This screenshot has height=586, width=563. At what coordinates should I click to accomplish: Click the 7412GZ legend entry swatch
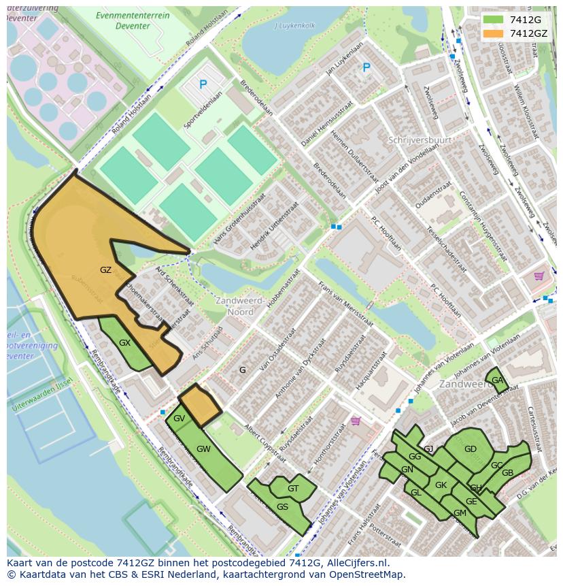[x=494, y=33]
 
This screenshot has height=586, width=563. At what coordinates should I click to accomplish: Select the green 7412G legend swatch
[x=494, y=20]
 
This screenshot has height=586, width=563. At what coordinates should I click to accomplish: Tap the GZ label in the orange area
[x=105, y=270]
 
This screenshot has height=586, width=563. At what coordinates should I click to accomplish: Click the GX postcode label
[x=124, y=343]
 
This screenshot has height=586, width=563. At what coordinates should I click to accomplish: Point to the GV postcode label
[x=179, y=419]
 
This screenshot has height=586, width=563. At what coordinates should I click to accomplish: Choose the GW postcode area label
[x=203, y=449]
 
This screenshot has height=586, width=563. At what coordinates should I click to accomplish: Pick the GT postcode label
[x=293, y=488]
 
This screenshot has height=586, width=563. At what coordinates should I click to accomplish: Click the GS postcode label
[x=282, y=506]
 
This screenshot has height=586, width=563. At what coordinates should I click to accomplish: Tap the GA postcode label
[x=497, y=380]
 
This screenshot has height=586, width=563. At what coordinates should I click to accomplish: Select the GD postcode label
[x=470, y=449]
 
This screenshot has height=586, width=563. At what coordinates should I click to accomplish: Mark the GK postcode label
[x=441, y=485]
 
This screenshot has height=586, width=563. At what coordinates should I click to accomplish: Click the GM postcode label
[x=460, y=512]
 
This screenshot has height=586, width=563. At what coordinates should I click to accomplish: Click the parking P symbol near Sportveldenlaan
[x=203, y=84]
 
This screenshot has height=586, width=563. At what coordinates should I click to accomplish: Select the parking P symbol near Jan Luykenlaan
[x=366, y=67]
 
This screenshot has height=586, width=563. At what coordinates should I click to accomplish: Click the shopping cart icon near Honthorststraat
[x=355, y=421]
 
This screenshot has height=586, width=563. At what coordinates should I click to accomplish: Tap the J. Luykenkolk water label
[x=295, y=26]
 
